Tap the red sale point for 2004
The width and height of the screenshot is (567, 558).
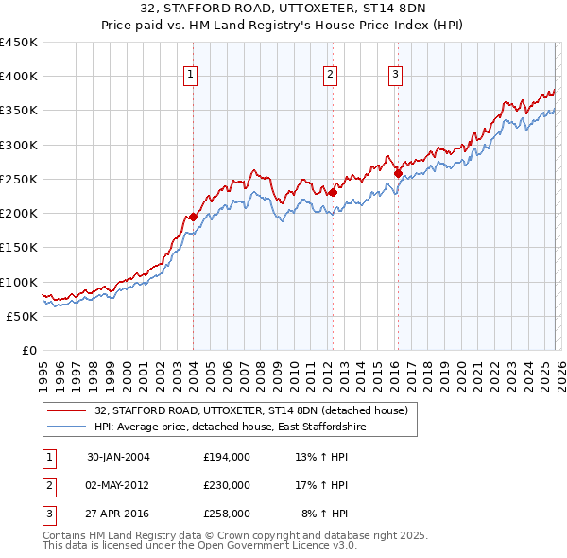tap(193, 217)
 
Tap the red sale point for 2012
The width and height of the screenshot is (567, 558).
tap(333, 192)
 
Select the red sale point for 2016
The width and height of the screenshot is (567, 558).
tap(398, 173)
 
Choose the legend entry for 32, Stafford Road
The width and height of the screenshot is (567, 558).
tap(250, 410)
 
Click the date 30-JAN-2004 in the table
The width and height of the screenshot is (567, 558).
tap(118, 457)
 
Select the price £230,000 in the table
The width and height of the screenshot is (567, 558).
tap(227, 485)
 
